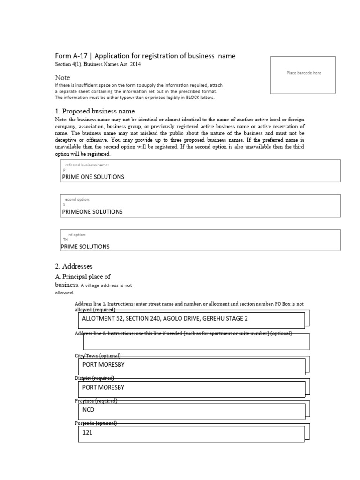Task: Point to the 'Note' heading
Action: (x=62, y=77)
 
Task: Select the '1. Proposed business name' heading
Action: (x=95, y=111)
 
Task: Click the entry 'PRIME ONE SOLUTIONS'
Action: (x=93, y=177)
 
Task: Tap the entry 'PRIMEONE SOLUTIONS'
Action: (x=92, y=211)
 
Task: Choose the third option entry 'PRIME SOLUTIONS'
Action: (x=85, y=247)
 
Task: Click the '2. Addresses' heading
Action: (x=74, y=266)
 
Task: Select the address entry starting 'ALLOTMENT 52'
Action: (x=165, y=319)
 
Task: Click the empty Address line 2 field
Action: (x=196, y=342)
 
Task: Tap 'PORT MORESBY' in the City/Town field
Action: (x=103, y=364)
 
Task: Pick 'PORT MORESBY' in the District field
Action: (x=103, y=387)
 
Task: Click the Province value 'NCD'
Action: (x=88, y=410)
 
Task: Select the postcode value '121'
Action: (x=87, y=433)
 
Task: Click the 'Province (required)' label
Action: (x=96, y=401)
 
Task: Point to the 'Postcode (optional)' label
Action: (x=96, y=423)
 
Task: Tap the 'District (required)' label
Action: (x=95, y=378)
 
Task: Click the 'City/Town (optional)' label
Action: (x=98, y=355)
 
